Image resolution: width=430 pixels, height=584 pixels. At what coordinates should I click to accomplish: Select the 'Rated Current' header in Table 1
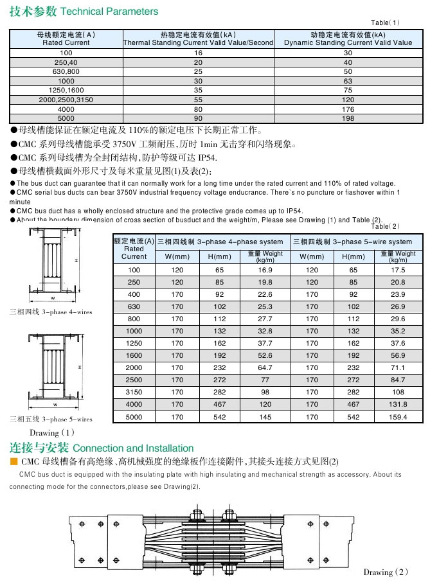tap(66, 39)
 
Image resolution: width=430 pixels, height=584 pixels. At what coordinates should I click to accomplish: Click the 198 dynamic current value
tap(348, 118)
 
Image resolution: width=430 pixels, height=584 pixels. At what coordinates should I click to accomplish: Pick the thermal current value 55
tap(198, 100)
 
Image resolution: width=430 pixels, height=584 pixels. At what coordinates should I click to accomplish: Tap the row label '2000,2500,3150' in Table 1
tap(66, 100)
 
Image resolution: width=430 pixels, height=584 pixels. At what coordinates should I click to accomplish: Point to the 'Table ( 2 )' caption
tap(386, 226)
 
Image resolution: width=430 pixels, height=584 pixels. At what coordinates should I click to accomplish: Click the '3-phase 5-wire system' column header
tap(358, 242)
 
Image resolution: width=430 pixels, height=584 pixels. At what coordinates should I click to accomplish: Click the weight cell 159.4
tap(399, 417)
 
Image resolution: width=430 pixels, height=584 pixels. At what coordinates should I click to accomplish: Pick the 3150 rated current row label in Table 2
tap(134, 393)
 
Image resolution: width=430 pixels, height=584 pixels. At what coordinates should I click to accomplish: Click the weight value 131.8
tap(399, 405)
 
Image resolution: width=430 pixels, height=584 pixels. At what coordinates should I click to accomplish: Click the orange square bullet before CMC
tap(13, 462)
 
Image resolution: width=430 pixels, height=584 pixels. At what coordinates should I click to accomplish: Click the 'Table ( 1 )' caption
tap(386, 22)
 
